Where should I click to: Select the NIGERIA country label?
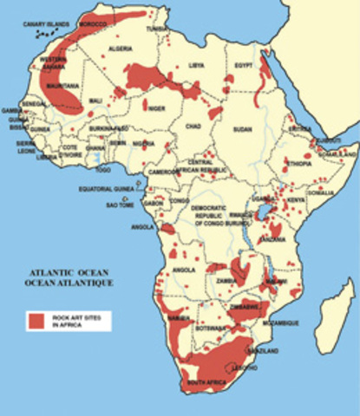[144, 145]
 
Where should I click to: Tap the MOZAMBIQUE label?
[282, 322]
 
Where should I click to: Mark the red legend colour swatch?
[35, 322]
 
